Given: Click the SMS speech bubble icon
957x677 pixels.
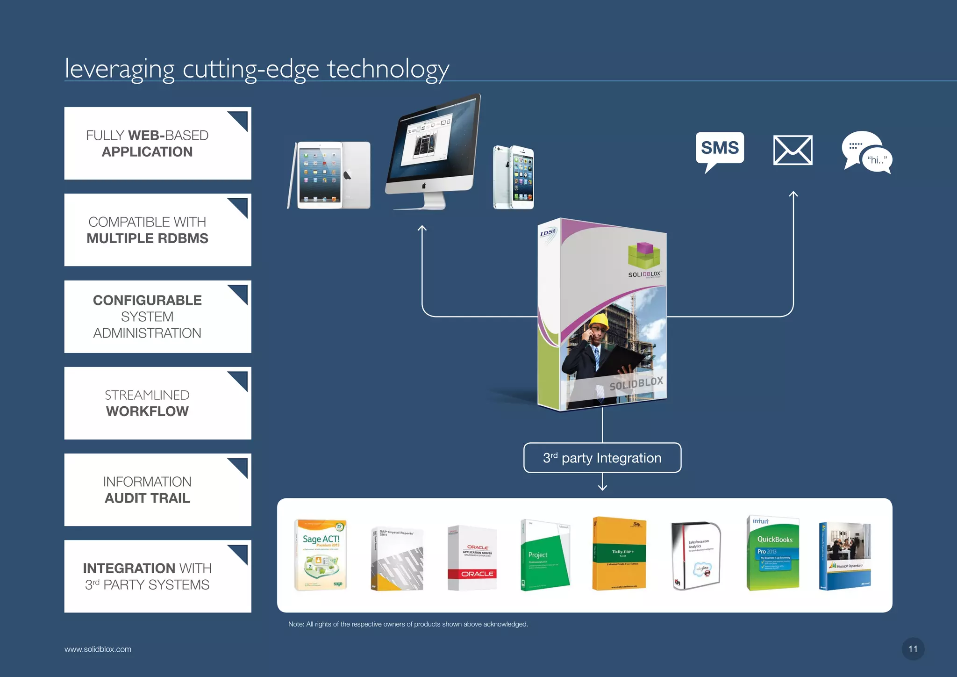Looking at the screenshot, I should click(720, 149).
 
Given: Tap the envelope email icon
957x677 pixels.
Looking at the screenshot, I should click(793, 150).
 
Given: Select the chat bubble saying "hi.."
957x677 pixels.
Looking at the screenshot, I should click(867, 152).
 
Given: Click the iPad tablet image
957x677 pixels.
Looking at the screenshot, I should click(329, 175).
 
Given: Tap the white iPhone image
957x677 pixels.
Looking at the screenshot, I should click(514, 177).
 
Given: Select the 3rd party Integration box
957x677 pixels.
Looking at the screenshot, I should click(602, 458).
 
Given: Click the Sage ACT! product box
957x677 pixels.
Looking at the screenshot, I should click(321, 555).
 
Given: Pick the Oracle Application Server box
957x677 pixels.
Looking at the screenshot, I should click(472, 558).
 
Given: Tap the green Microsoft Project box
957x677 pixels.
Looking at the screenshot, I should click(545, 555).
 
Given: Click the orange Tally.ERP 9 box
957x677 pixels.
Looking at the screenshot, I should click(619, 554).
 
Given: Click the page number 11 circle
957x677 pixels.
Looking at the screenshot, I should click(913, 649).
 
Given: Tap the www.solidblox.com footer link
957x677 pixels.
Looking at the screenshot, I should click(98, 649).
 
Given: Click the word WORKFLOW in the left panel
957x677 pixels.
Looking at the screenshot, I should click(147, 411).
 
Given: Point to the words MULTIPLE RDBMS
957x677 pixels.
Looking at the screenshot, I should click(147, 238).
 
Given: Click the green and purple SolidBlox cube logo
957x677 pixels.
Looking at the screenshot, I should click(644, 256).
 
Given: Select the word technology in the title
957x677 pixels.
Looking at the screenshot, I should click(388, 69).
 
